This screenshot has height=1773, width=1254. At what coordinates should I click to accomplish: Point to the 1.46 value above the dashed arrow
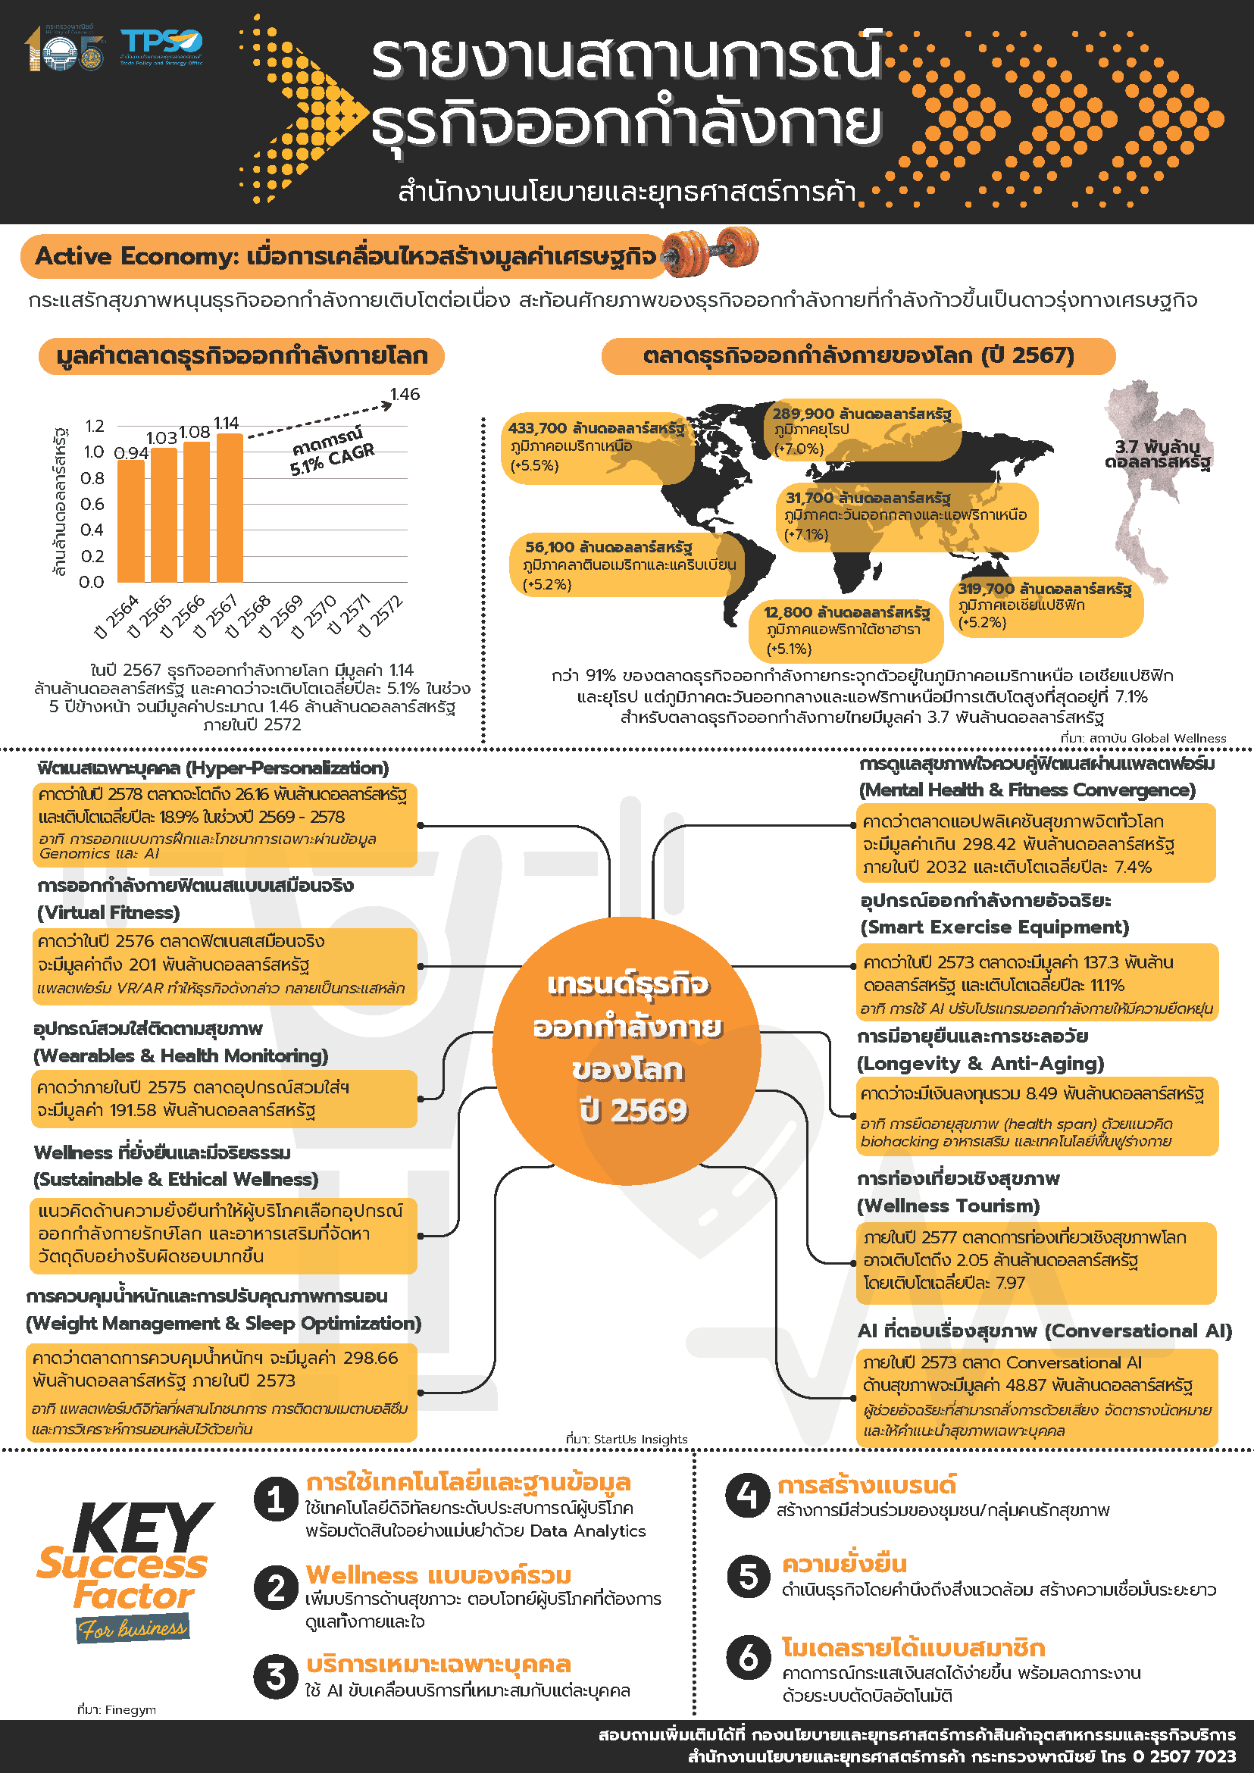point(405,395)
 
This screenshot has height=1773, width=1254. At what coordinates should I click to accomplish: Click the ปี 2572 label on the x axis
point(382,615)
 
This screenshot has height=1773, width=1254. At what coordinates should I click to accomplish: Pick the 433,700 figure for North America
point(537,429)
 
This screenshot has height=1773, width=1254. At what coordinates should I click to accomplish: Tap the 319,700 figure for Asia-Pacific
point(986,589)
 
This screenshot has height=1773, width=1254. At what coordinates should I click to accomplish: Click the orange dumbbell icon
point(711,251)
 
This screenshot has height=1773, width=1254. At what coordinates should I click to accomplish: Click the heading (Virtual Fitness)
point(108,913)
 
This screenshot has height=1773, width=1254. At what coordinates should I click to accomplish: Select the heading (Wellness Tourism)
point(948,1205)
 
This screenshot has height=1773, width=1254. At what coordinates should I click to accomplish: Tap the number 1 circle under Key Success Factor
point(276,1500)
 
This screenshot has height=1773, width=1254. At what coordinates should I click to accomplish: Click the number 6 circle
point(747,1657)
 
